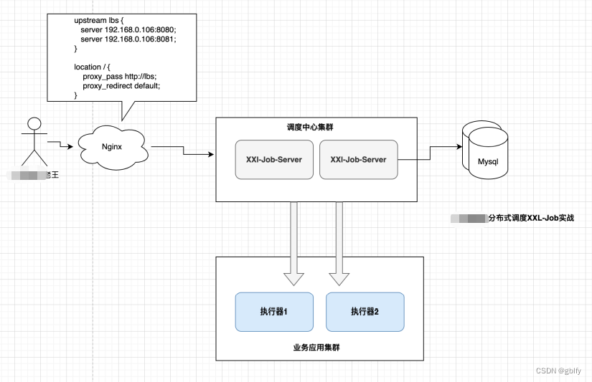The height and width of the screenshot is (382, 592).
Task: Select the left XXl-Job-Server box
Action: click(273, 159)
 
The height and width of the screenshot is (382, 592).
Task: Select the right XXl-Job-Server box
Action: click(358, 159)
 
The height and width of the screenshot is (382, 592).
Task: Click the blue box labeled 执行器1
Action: click(273, 312)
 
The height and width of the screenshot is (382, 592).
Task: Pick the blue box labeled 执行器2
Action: click(365, 312)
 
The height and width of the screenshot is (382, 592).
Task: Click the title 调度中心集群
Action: click(310, 127)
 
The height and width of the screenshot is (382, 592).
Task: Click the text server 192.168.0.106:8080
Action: click(128, 29)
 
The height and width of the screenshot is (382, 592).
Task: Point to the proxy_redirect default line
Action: click(121, 85)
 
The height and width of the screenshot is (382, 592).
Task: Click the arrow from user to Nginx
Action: click(61, 145)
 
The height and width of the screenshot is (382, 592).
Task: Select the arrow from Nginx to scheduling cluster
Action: click(183, 151)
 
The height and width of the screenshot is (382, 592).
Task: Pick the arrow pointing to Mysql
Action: click(431, 151)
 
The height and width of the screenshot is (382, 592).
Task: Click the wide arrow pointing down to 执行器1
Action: click(293, 244)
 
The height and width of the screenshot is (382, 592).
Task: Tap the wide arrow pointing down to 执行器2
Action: click(339, 244)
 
